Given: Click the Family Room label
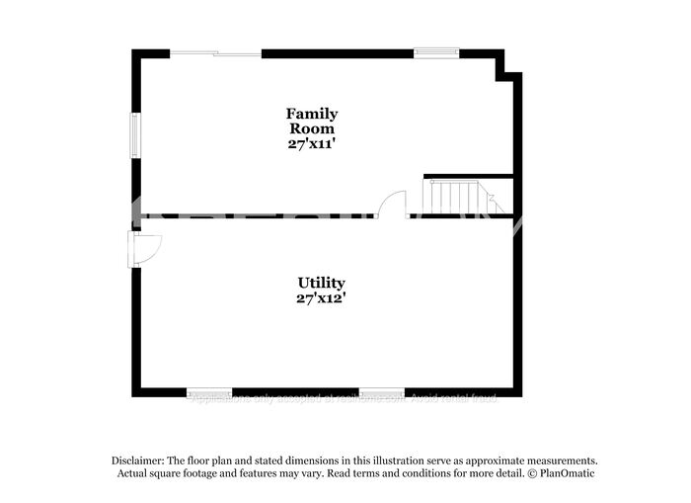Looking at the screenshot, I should [312, 121].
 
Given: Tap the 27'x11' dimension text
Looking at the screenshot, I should [312, 143].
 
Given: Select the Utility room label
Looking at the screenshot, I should [321, 283].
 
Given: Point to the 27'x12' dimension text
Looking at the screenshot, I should [321, 297].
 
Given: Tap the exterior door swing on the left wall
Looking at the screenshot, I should [145, 248].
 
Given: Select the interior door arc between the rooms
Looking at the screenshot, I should [392, 204].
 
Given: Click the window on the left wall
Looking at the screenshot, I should [136, 134].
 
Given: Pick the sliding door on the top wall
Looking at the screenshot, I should [215, 53].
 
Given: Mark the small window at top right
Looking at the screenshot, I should [435, 53].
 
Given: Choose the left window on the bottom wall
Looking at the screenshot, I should [209, 392].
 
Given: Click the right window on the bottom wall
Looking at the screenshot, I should [381, 392].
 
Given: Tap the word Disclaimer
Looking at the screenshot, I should [135, 461].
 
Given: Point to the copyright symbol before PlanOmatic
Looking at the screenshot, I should [532, 473].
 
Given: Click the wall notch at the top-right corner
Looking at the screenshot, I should [507, 67].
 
